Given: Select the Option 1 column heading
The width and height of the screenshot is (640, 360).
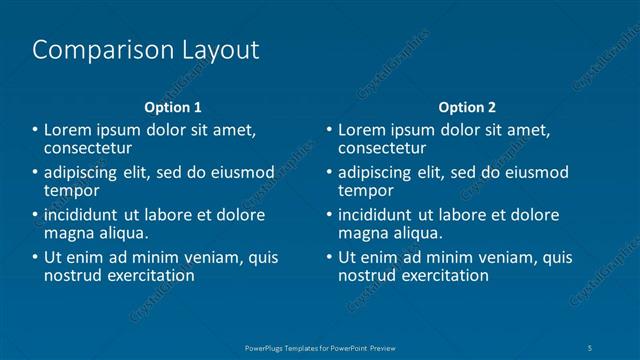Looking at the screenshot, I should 173,107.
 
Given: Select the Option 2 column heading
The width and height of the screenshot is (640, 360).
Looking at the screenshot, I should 467,107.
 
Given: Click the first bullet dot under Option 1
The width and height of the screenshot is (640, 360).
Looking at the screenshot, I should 36,129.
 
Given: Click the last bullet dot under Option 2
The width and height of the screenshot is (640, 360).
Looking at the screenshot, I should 330,257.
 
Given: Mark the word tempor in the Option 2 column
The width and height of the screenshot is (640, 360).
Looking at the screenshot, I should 366,190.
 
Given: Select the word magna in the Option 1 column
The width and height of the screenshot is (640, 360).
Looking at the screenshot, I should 68,233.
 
